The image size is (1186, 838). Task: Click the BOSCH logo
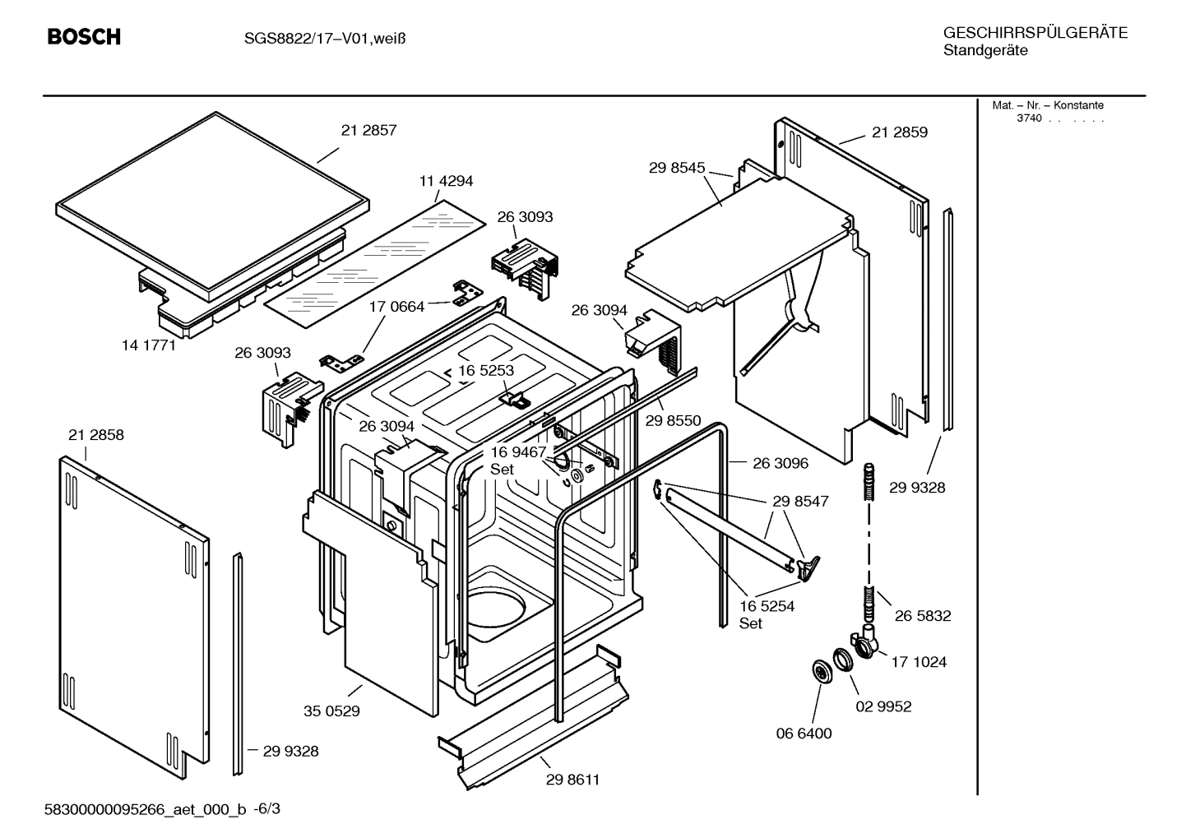[83, 37]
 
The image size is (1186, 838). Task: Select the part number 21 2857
[368, 130]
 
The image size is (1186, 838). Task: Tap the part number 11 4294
[446, 181]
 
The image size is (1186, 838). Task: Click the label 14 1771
[149, 345]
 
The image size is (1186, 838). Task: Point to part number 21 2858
[96, 435]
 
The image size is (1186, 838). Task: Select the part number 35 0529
[331, 711]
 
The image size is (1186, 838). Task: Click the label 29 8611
[572, 780]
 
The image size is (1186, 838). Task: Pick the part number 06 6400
[804, 734]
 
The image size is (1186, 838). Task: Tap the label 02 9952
[883, 706]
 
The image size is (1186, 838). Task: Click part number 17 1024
[919, 662]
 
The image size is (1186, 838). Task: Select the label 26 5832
[923, 616]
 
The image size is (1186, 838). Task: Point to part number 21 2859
[899, 132]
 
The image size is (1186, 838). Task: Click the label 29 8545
[677, 168]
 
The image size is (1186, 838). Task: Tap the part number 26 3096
[781, 463]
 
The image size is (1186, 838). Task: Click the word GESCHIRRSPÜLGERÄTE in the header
[1035, 33]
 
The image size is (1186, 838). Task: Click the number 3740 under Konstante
[1028, 118]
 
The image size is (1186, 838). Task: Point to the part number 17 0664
[396, 307]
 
